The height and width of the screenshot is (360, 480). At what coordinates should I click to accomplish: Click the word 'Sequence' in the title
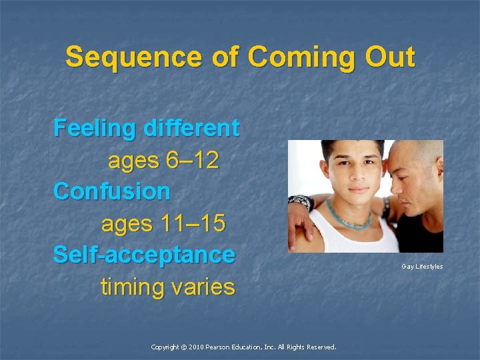[114, 57]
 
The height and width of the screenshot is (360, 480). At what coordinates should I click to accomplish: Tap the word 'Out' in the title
[389, 57]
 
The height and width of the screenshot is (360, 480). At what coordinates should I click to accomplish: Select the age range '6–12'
[191, 160]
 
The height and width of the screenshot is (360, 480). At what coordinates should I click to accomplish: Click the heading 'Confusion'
[112, 191]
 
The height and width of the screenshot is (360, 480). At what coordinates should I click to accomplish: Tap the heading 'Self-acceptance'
[144, 255]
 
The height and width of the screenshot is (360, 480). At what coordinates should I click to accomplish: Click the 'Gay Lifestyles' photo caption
[422, 267]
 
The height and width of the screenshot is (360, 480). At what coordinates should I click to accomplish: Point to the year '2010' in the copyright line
[199, 347]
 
